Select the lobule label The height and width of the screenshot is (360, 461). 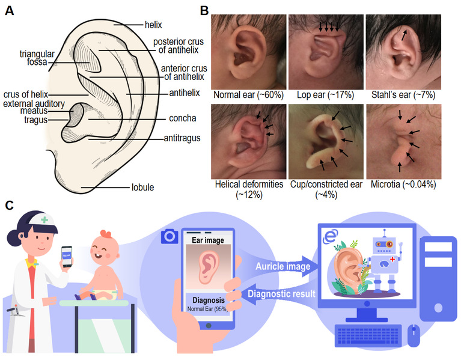click(x=142, y=188)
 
